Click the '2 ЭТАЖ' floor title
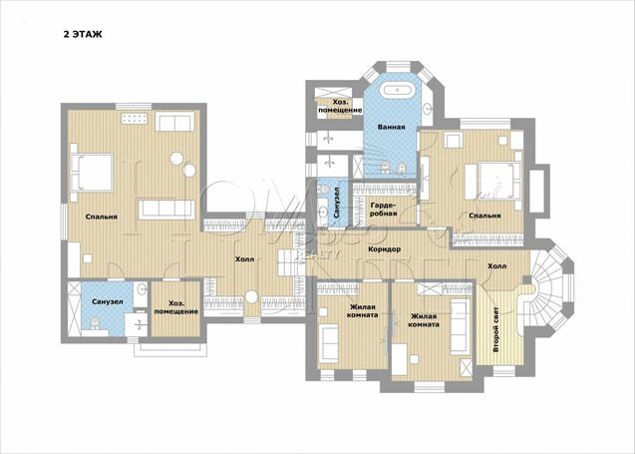coord(83,35)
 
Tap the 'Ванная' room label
coord(391,127)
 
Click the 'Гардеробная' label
coord(383,209)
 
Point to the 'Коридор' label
coord(385,249)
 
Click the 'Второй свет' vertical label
coord(496,329)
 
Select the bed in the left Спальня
coord(92,172)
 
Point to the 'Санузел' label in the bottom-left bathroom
coord(108,302)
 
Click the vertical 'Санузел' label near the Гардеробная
coord(337,203)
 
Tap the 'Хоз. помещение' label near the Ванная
coord(340,106)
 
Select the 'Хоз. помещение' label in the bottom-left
coord(176,307)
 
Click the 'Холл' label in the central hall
coord(245,259)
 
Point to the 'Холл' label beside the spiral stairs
coord(496,266)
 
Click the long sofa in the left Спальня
coord(166,210)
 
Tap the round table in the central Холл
coord(251,297)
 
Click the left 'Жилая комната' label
coord(363,311)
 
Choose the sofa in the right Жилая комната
coord(461,326)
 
